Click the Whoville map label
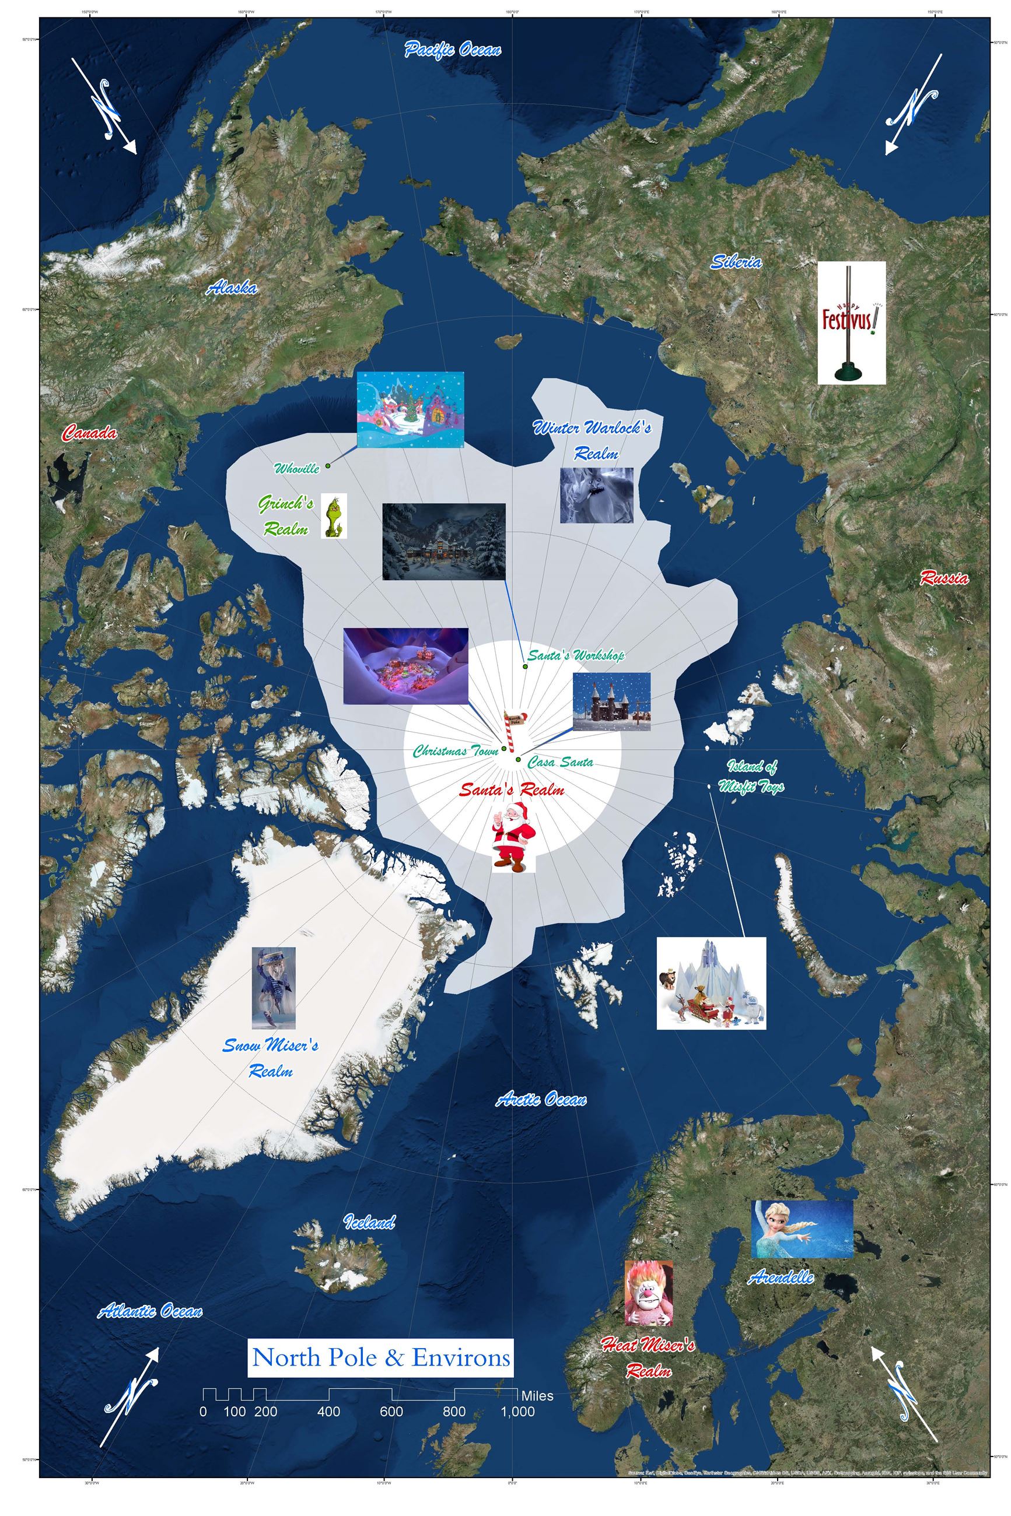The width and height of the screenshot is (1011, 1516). pyautogui.click(x=296, y=468)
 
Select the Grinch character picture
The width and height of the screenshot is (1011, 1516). pyautogui.click(x=334, y=516)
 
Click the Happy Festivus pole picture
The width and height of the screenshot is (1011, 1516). pyautogui.click(x=851, y=323)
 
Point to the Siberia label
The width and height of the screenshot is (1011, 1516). pyautogui.click(x=736, y=262)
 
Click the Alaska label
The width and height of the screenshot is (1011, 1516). pyautogui.click(x=232, y=288)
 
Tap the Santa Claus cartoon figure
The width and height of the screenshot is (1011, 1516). pyautogui.click(x=513, y=837)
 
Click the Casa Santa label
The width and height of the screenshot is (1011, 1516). pyautogui.click(x=560, y=762)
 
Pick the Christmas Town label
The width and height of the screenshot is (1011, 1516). pyautogui.click(x=455, y=751)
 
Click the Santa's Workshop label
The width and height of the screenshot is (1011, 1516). pyautogui.click(x=576, y=656)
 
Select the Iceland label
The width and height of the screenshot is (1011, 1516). pyautogui.click(x=369, y=1222)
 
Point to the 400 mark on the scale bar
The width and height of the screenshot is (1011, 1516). pyautogui.click(x=329, y=1412)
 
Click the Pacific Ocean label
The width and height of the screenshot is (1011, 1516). pyautogui.click(x=452, y=50)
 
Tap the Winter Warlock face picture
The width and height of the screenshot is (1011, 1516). pyautogui.click(x=596, y=495)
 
